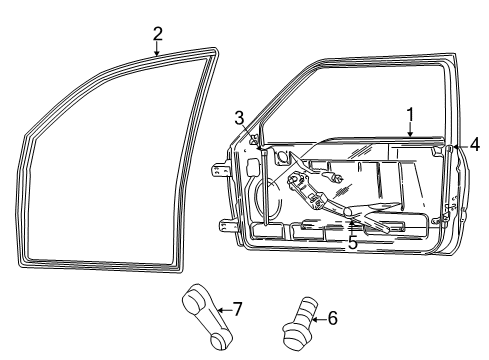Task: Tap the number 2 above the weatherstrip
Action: coord(157,33)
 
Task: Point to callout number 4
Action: coord(474,144)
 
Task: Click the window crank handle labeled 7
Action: coord(199,319)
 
